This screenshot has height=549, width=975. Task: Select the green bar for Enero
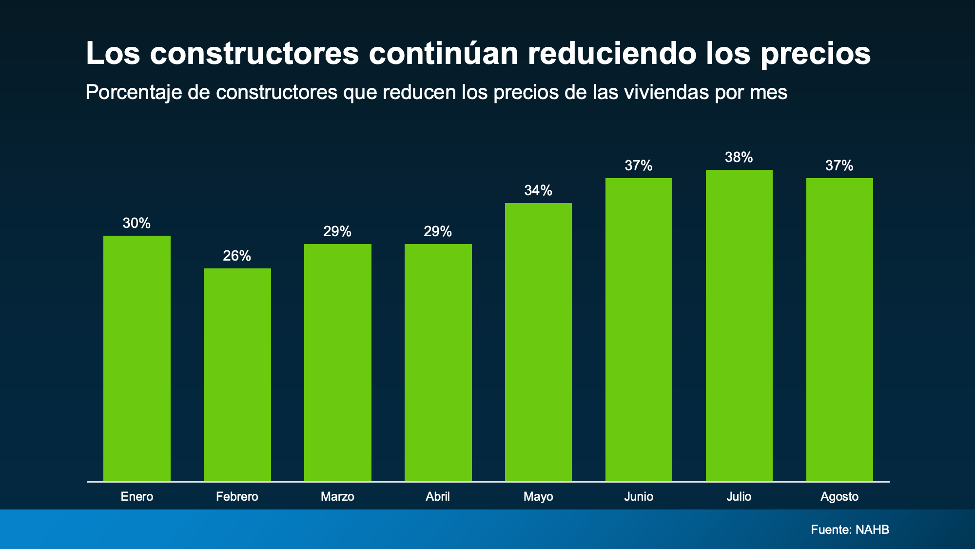(137, 359)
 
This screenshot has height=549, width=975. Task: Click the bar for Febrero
(237, 375)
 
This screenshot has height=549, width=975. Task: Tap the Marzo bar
(338, 363)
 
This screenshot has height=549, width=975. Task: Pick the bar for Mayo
(538, 342)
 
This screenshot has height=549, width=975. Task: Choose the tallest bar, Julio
(739, 325)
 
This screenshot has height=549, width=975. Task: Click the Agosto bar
(839, 330)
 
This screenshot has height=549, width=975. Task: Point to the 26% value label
(237, 256)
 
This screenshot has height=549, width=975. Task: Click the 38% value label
(739, 157)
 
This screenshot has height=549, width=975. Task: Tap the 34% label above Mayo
(538, 190)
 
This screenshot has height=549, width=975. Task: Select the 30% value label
(136, 223)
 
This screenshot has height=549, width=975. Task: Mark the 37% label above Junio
(639, 166)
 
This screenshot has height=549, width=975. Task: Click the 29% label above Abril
(438, 231)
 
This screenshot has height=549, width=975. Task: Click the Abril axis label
(438, 496)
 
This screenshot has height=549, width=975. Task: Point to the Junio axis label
(639, 496)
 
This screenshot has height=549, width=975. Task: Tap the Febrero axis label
(237, 496)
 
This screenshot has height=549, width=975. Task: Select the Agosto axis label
(839, 496)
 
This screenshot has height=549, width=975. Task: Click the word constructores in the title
(254, 54)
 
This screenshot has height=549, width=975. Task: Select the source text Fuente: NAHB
(850, 529)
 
